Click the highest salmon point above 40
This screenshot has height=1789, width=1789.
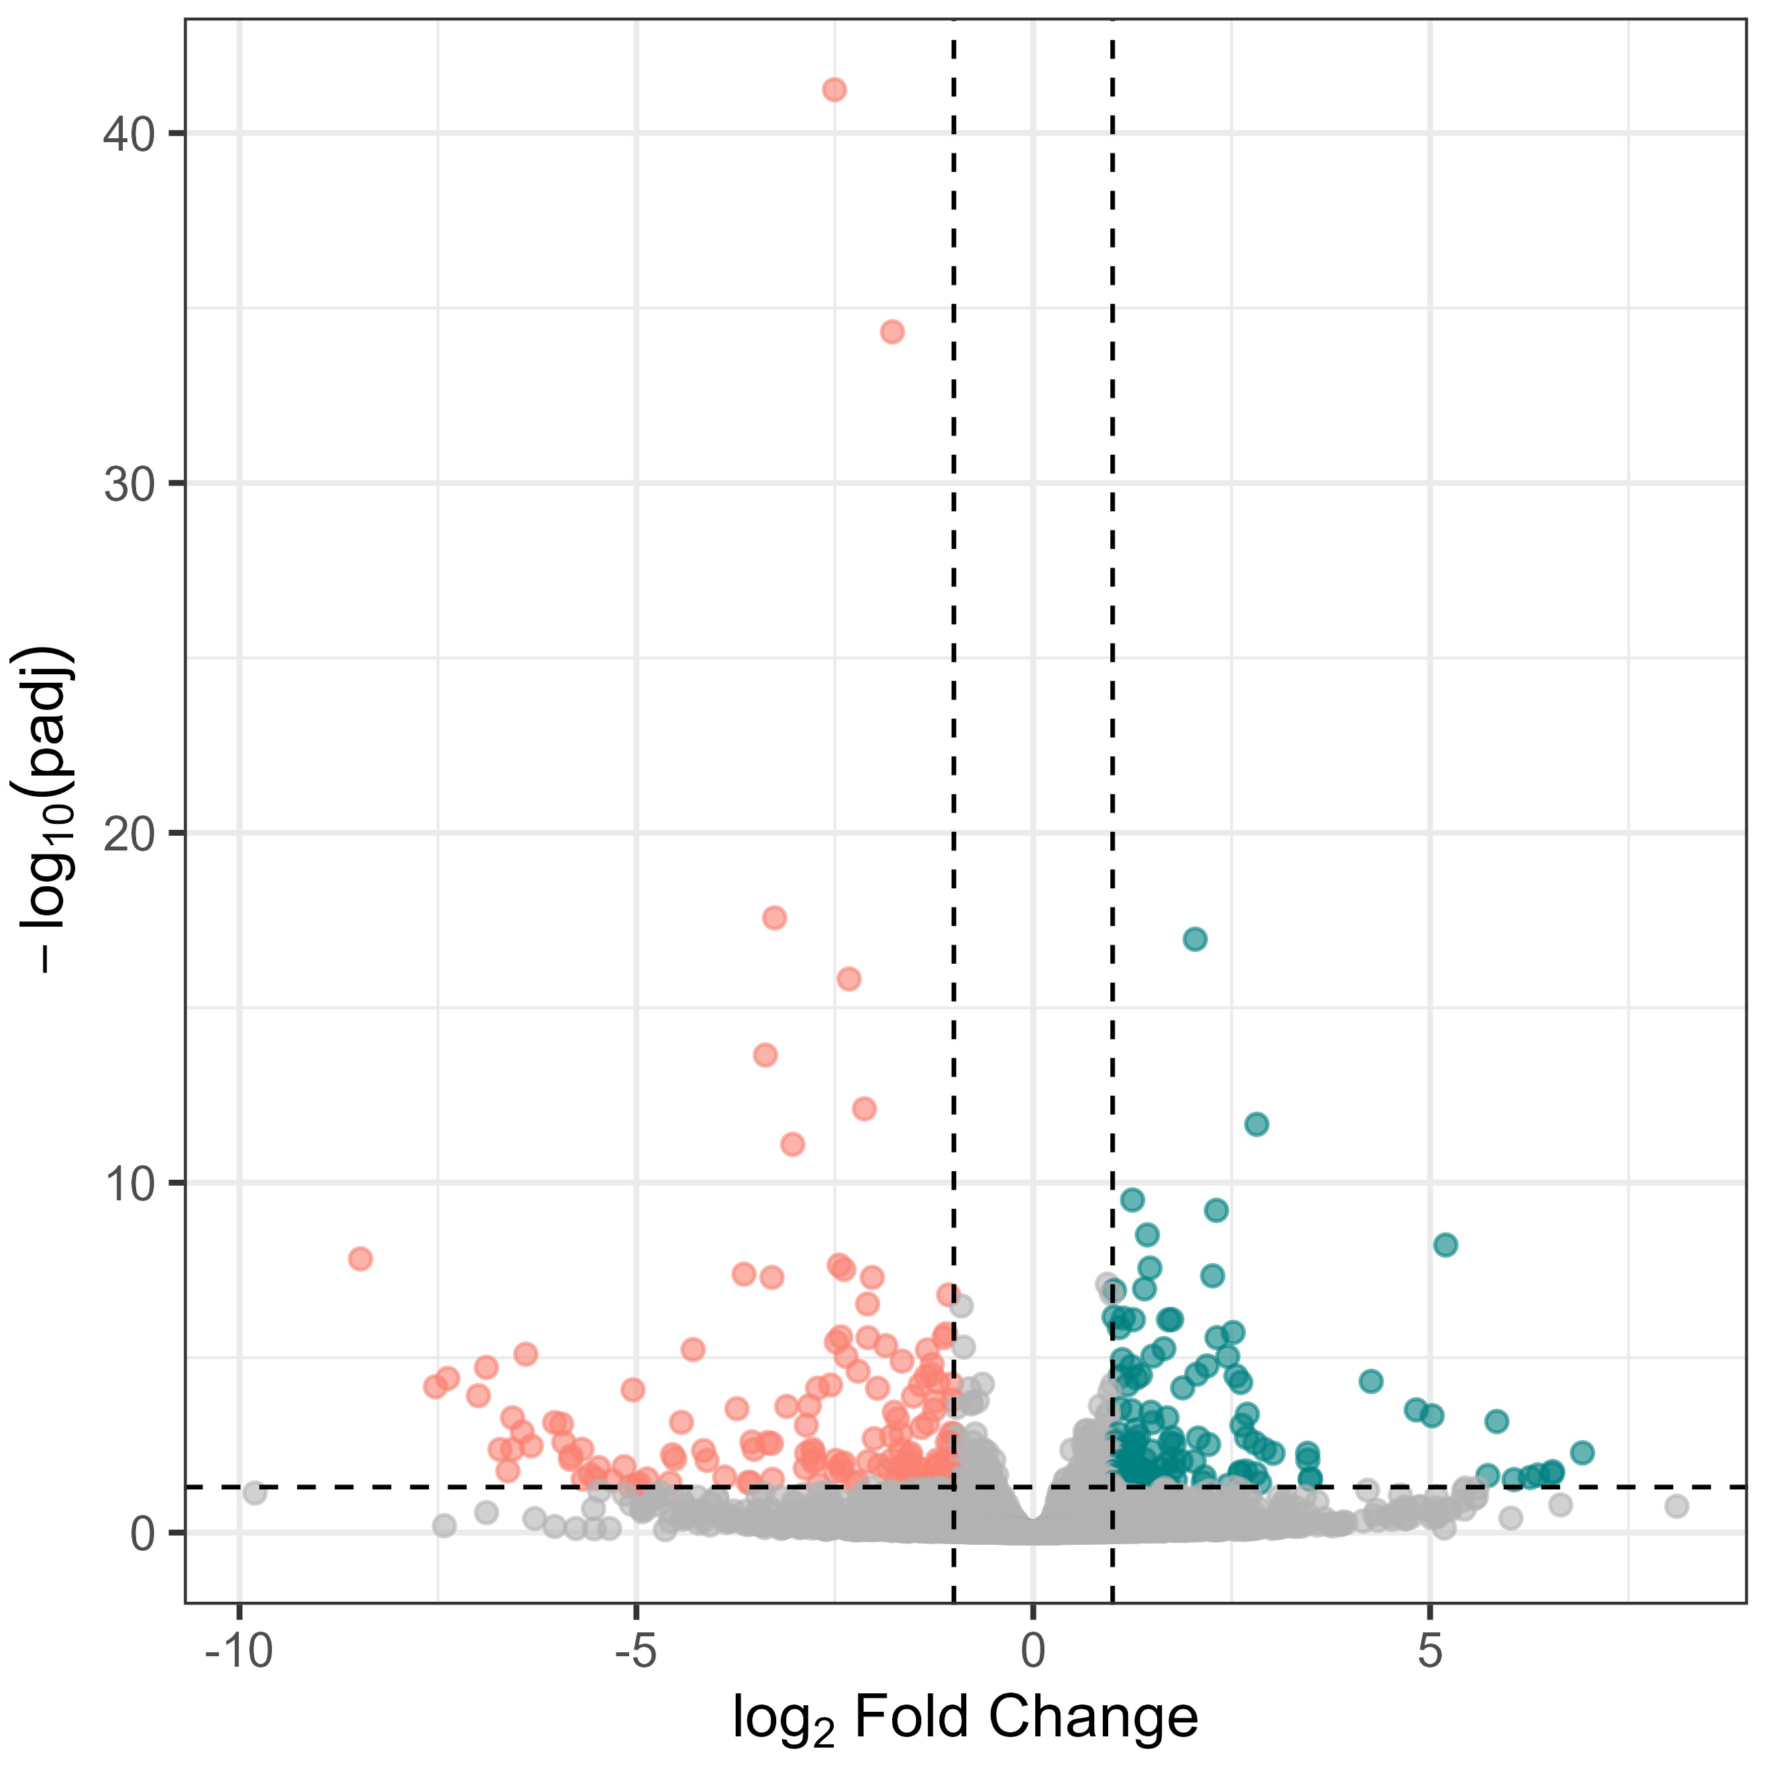coord(834,90)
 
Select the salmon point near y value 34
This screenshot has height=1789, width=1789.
coord(892,331)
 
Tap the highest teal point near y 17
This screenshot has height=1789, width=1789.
coord(1195,939)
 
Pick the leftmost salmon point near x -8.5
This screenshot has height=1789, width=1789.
coord(360,1258)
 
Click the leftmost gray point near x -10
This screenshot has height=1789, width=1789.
coord(254,1493)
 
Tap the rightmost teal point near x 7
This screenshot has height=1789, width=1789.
coord(1582,1452)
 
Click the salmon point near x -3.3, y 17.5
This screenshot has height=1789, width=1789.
coord(774,918)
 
